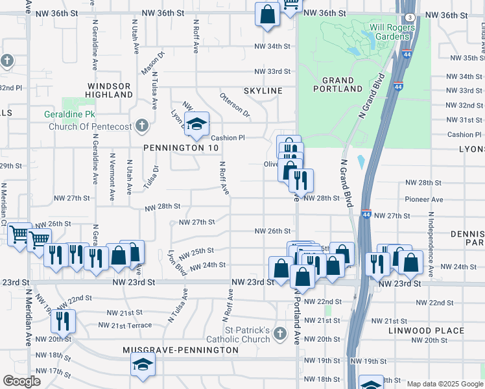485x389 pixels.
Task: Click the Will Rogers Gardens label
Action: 381,32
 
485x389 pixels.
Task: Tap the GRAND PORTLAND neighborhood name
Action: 338,84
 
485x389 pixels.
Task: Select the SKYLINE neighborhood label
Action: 263,91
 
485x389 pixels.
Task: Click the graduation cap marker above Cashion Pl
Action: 196,124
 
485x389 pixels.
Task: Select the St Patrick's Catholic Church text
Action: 238,335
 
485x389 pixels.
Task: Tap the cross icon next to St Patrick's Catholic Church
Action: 280,334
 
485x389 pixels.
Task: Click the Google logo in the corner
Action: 21,381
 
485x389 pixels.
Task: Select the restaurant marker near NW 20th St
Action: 63,320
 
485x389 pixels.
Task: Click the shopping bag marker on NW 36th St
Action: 267,14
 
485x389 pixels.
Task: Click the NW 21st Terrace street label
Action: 125,325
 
